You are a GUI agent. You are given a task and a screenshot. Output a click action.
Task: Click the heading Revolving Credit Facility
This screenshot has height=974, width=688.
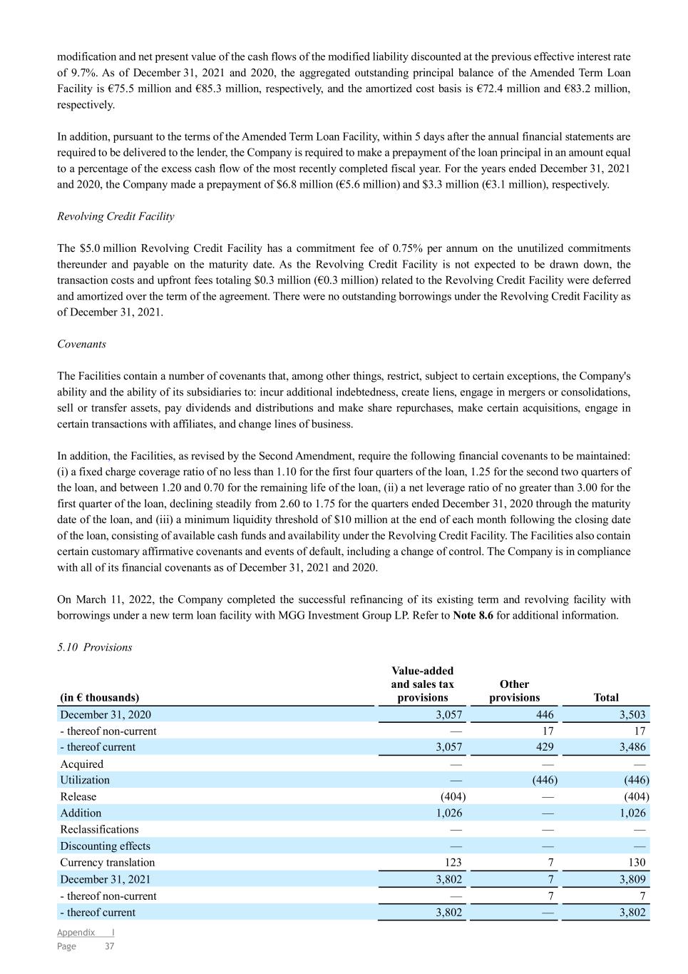tap(115, 216)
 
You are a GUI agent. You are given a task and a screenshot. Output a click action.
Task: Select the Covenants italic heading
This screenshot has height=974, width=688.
tap(81, 344)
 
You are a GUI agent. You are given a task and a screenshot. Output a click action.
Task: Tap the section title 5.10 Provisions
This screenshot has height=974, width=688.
tap(94, 647)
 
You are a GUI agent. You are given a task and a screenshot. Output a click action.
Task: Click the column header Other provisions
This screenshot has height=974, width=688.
tap(514, 691)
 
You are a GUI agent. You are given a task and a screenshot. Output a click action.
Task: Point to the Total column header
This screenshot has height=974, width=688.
tap(606, 697)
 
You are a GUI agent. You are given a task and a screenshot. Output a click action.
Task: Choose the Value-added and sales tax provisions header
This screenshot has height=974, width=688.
tap(422, 684)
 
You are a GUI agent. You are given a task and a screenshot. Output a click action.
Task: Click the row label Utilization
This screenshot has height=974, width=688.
tap(85, 780)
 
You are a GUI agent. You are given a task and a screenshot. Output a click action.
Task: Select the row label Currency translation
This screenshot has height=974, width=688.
tap(107, 862)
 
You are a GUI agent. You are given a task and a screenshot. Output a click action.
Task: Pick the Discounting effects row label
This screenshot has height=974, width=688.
tap(105, 846)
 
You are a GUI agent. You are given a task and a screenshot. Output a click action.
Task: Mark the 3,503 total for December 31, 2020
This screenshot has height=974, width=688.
tap(631, 714)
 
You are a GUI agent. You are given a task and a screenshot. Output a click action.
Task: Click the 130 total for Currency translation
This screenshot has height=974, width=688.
tap(637, 862)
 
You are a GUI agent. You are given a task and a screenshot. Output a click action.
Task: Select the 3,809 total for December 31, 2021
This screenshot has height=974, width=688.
tap(631, 879)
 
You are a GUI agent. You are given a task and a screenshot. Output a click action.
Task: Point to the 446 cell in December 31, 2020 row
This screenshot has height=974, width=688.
tap(545, 714)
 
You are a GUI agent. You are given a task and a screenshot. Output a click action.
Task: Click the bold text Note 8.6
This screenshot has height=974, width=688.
tap(473, 615)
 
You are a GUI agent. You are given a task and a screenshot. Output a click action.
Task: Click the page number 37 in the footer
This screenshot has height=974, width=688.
tap(109, 946)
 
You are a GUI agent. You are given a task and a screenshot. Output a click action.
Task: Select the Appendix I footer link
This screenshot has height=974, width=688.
tap(86, 933)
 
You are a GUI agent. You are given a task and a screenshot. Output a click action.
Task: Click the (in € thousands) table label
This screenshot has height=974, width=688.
tap(99, 697)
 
